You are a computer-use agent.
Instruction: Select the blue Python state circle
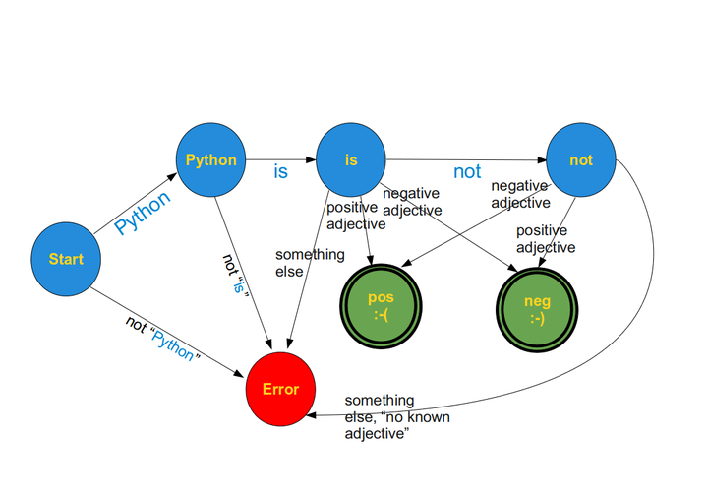pyautogui.click(x=210, y=159)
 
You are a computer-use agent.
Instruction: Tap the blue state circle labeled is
pyautogui.click(x=351, y=159)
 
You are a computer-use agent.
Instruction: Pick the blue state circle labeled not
pyautogui.click(x=581, y=159)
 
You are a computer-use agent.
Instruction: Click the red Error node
pyautogui.click(x=280, y=388)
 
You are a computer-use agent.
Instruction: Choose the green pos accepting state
pyautogui.click(x=379, y=304)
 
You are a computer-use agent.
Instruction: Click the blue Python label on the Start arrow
pyautogui.click(x=142, y=212)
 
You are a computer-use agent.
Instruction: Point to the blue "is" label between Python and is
pyautogui.click(x=280, y=171)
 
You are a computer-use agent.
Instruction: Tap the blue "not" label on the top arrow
pyautogui.click(x=467, y=171)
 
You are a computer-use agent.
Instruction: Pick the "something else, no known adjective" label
pyautogui.click(x=380, y=416)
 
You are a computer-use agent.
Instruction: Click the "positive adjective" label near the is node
pyautogui.click(x=352, y=215)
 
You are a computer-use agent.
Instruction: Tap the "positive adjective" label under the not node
pyautogui.click(x=546, y=239)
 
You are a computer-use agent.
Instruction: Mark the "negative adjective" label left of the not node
pyautogui.click(x=520, y=194)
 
